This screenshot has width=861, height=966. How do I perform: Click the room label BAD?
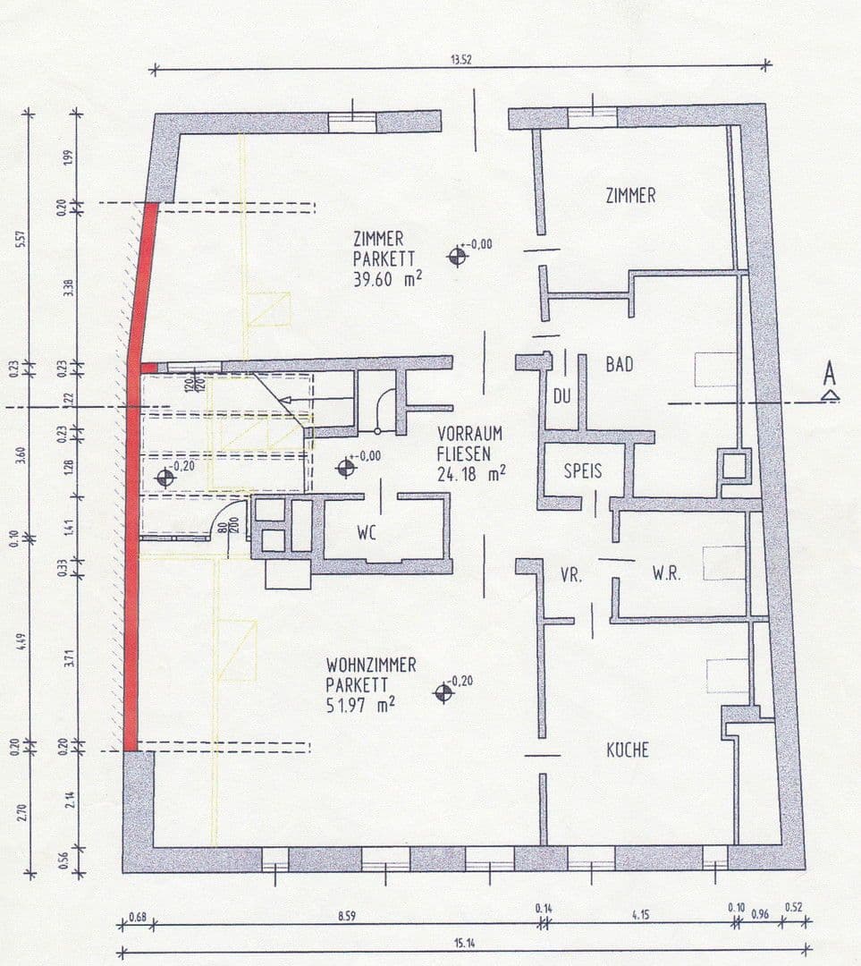point(620,365)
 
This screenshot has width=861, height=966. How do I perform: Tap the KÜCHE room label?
point(628,750)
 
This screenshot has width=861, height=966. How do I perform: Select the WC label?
point(367,534)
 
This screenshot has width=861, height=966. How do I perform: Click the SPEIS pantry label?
point(582,470)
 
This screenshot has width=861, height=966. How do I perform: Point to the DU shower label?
point(561,394)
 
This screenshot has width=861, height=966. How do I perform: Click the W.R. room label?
point(667,574)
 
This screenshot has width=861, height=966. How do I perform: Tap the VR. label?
point(571,576)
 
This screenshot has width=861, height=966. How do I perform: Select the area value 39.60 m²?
point(388,278)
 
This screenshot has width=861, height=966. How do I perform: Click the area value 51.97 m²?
point(360,704)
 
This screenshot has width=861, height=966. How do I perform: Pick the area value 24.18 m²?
point(471,473)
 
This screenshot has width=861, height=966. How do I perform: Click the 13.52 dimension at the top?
point(462,60)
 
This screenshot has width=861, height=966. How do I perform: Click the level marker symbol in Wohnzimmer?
point(443,692)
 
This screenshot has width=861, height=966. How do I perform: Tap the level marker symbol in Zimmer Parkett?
point(458,257)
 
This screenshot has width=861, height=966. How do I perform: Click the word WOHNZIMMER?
point(371,665)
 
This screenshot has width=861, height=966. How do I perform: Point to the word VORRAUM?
point(470,433)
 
